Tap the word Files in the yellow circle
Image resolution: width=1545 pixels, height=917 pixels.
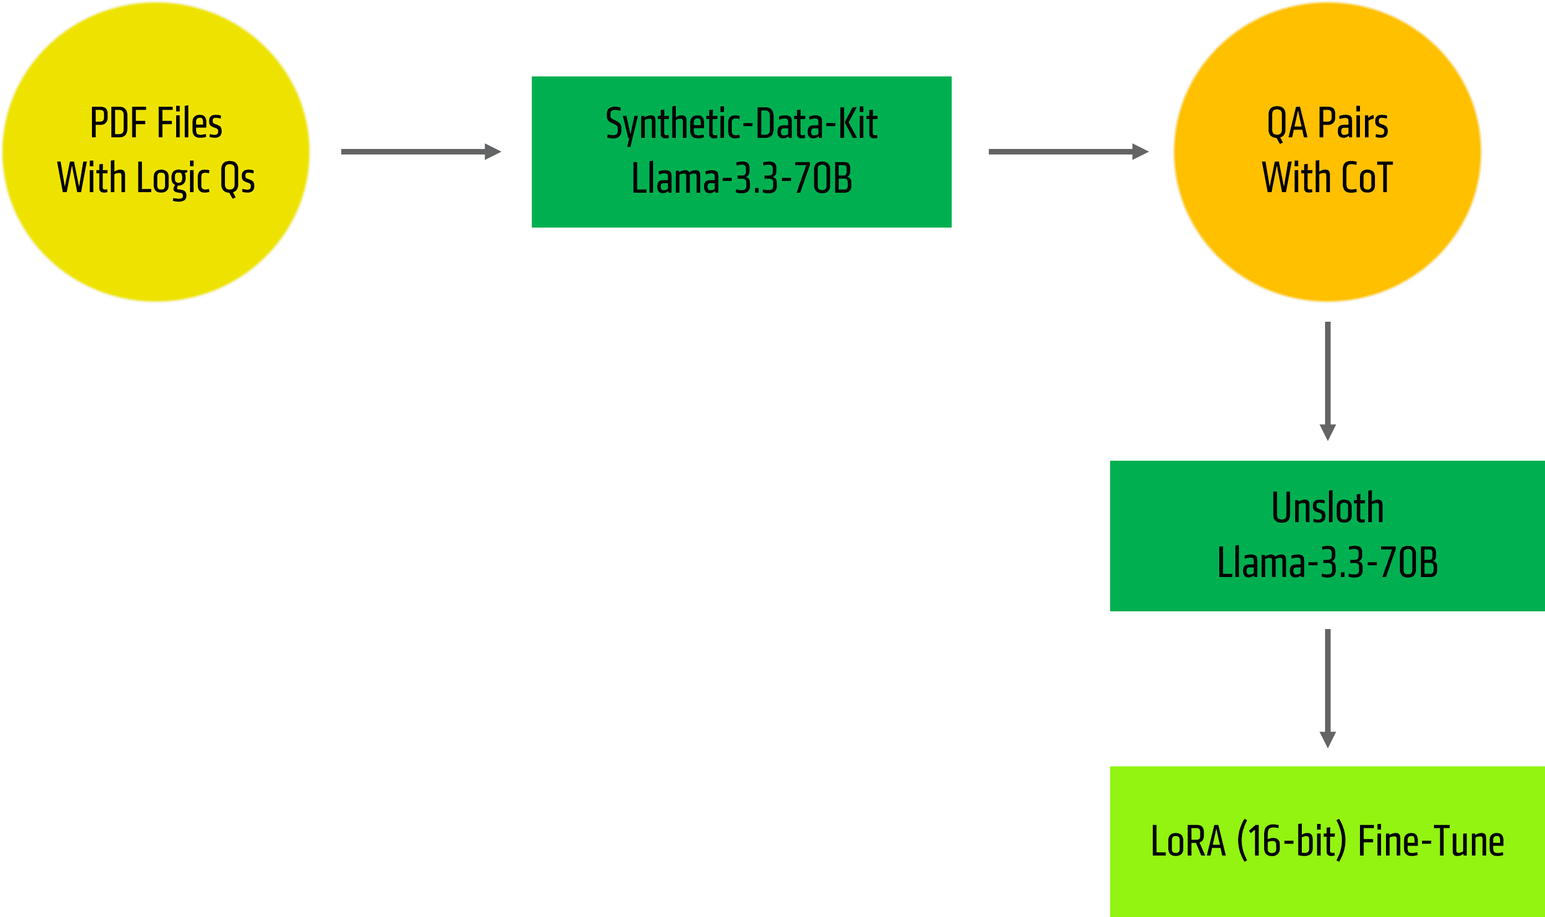tap(189, 123)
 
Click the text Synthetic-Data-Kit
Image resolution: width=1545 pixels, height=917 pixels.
tap(741, 124)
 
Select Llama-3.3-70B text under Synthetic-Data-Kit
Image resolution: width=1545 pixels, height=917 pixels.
tap(741, 178)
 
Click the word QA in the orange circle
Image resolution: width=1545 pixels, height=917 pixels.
tap(1287, 123)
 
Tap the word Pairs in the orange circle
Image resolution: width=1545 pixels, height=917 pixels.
tap(1353, 123)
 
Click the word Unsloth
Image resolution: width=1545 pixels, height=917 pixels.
tap(1327, 508)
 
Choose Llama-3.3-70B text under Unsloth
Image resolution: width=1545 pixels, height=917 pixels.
tap(1327, 562)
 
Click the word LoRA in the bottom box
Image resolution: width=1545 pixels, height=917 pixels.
tap(1188, 842)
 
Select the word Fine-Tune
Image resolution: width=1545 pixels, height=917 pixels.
tap(1431, 842)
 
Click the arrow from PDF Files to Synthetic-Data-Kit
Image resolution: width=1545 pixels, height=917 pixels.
tap(420, 151)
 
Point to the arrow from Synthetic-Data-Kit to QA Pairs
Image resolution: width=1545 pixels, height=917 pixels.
tap(1068, 151)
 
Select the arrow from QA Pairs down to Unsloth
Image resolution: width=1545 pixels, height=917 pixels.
tap(1327, 380)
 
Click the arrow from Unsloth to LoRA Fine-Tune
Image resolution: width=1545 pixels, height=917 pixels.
tap(1327, 688)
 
